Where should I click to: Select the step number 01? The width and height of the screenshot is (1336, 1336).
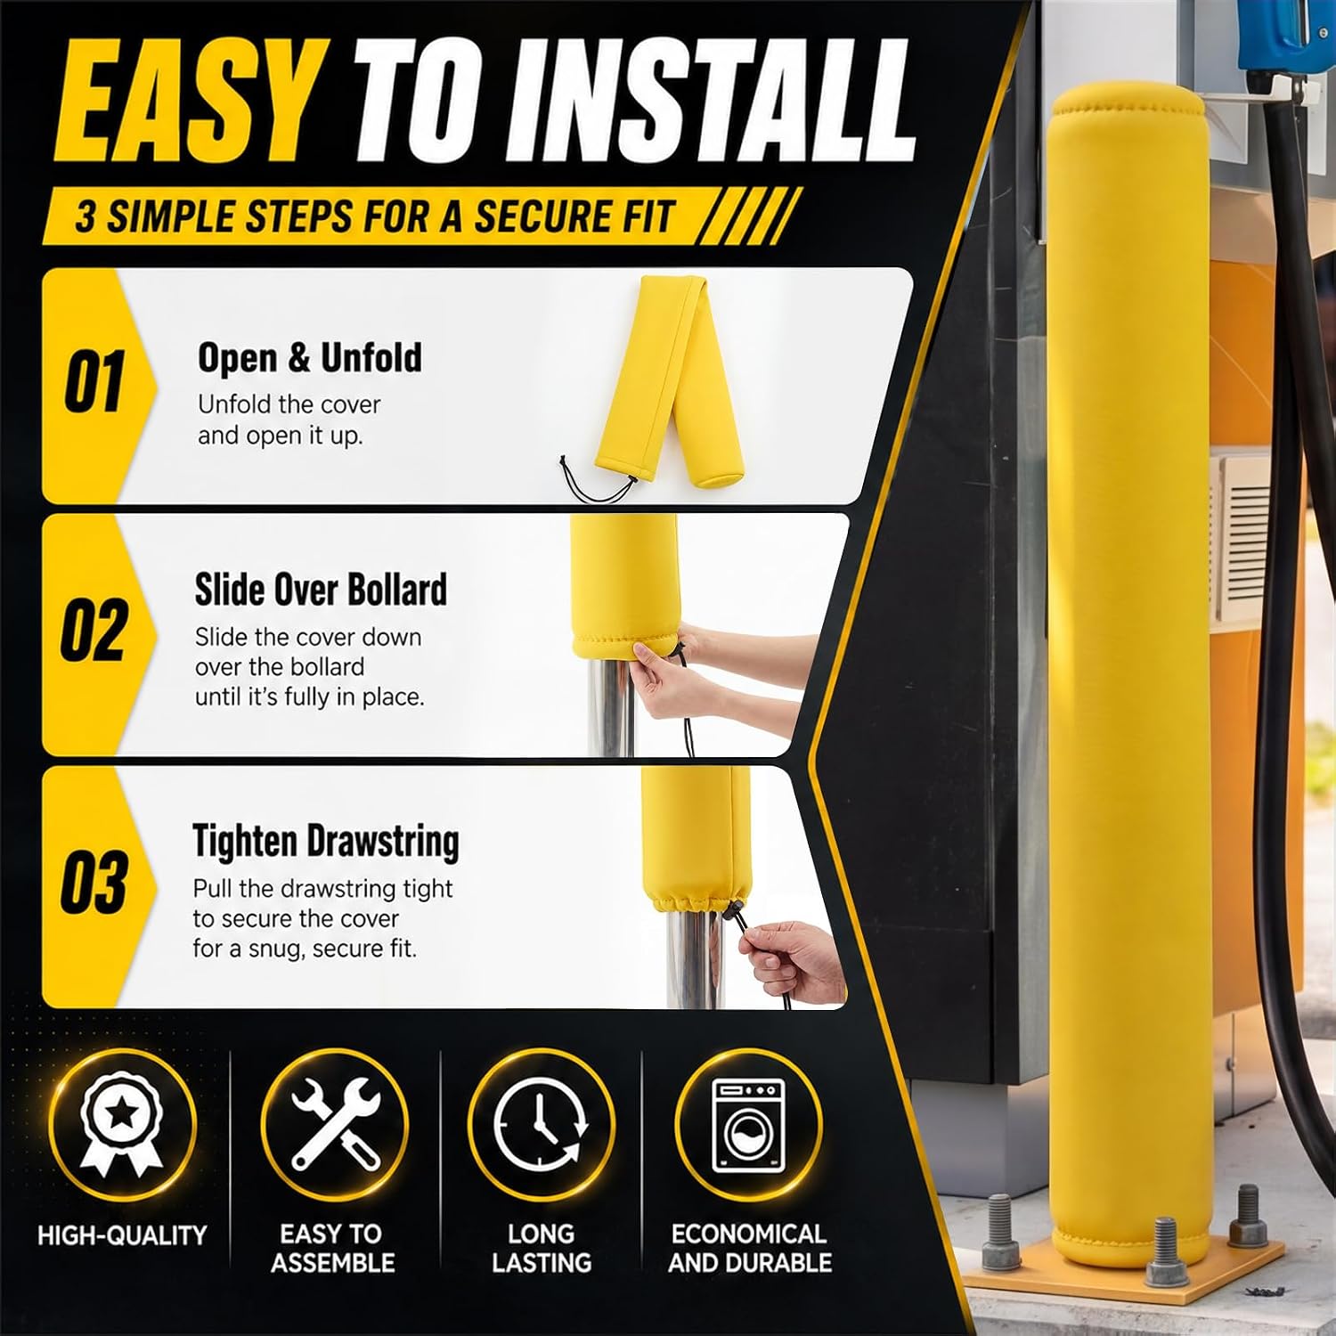click(94, 382)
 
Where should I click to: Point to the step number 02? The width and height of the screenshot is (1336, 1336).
click(94, 631)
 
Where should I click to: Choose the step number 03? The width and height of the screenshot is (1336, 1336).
click(94, 882)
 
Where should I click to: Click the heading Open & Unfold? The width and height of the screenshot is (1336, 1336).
click(310, 358)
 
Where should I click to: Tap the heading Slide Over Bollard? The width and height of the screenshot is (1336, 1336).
click(321, 590)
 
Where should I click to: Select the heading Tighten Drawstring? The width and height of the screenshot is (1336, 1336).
click(326, 842)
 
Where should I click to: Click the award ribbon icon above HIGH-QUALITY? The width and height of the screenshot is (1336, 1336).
click(122, 1124)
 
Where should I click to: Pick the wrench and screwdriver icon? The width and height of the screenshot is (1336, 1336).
click(335, 1124)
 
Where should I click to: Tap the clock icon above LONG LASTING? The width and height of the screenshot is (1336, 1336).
click(541, 1124)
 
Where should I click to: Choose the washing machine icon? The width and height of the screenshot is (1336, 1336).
click(748, 1126)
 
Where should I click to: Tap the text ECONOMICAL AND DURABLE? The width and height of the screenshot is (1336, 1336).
click(750, 1248)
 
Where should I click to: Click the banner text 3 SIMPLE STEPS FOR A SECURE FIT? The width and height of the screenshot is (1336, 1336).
click(375, 216)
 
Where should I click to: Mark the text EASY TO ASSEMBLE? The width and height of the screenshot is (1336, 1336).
click(332, 1248)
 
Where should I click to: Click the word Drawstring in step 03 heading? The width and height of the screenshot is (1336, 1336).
click(383, 842)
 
